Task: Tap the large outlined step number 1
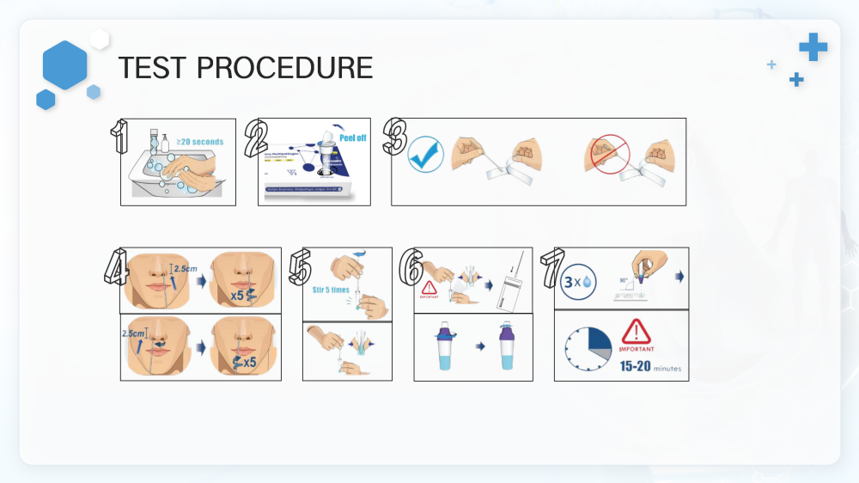tap(120, 138)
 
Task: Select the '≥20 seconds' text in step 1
tap(199, 142)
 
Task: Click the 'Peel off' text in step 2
tap(352, 138)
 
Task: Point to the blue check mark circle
tap(425, 154)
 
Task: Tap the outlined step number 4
tap(116, 267)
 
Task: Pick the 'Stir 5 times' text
tap(331, 290)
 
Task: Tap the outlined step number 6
tap(411, 267)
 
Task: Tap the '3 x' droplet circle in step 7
tap(576, 281)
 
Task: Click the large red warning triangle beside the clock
tap(637, 331)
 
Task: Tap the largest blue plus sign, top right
tap(813, 47)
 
